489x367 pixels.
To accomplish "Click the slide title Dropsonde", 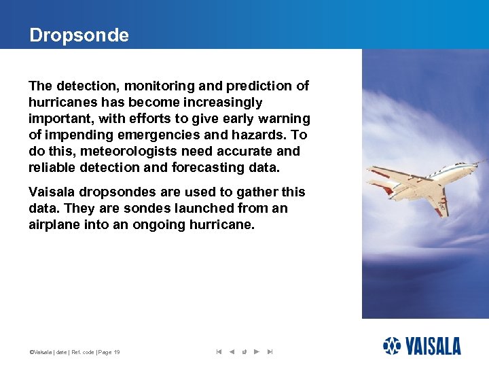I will click(x=79, y=35).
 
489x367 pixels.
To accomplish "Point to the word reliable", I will click(x=51, y=167).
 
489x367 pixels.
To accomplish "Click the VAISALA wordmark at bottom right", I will click(x=433, y=346).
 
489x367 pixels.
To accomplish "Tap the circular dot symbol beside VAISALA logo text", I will click(x=392, y=346).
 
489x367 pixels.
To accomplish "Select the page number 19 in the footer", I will click(x=117, y=352).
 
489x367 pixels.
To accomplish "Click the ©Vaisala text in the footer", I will click(x=42, y=352).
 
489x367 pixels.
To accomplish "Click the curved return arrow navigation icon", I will click(x=244, y=352).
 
